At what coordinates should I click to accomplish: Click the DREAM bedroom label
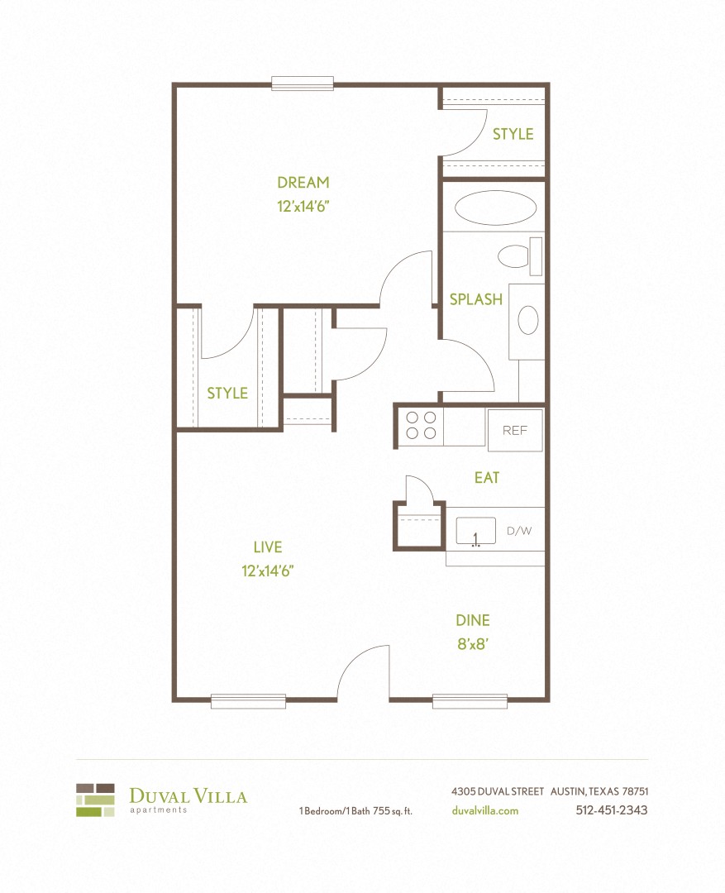tap(303, 183)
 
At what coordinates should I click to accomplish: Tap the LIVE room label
tap(268, 547)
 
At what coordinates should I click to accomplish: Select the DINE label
tap(473, 620)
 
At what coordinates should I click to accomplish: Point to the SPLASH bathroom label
tap(476, 299)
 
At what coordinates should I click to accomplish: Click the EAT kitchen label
tap(487, 478)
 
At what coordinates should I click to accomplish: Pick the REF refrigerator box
tap(515, 431)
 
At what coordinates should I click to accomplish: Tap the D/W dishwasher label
tap(519, 531)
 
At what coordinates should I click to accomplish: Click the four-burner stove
tap(421, 425)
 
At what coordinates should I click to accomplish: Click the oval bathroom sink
tap(527, 320)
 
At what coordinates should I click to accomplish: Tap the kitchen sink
tap(476, 531)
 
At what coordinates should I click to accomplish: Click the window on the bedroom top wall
tap(303, 84)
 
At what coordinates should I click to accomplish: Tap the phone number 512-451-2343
tap(611, 810)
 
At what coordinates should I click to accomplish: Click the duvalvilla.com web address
tap(485, 810)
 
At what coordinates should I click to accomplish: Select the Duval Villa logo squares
tap(95, 800)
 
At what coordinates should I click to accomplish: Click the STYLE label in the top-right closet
tap(513, 134)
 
